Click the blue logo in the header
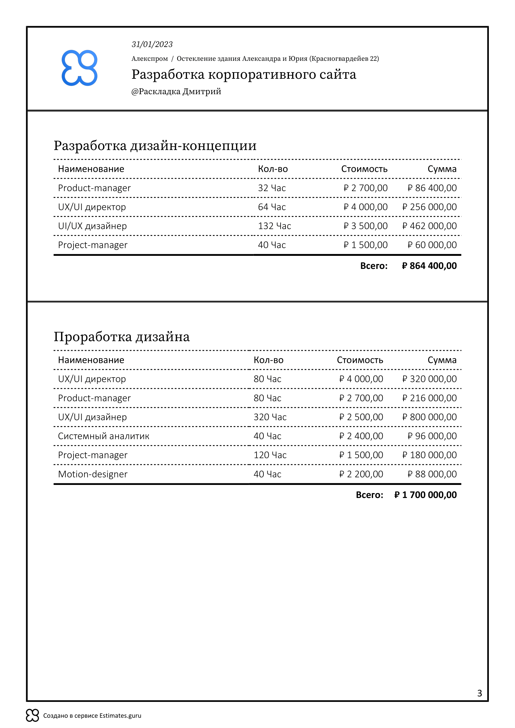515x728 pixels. pos(79,68)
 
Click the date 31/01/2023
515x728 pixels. pos(152,45)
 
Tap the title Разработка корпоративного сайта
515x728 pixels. pos(243,74)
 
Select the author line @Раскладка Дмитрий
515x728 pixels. pos(176,92)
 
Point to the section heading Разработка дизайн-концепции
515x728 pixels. pos(155,146)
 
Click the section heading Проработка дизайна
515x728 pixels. pos(121,337)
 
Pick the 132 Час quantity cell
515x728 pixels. pos(274,226)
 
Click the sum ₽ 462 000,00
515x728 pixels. pos(429,226)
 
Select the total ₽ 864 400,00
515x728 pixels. pos(429,266)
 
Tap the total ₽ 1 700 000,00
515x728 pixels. pos(425,495)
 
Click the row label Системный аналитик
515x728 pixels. pos(103,436)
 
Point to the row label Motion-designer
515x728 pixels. pos(92,474)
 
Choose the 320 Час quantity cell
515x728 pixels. pos(270,417)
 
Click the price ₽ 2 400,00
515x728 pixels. pos(361,436)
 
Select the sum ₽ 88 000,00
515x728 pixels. pos(432,474)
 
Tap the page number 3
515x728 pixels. pos(479,693)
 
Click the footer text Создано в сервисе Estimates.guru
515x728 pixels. pos(92,716)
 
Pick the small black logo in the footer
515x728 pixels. pos(32,715)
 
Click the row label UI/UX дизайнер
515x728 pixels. pos(92,226)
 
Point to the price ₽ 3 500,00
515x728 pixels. pos(365,226)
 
